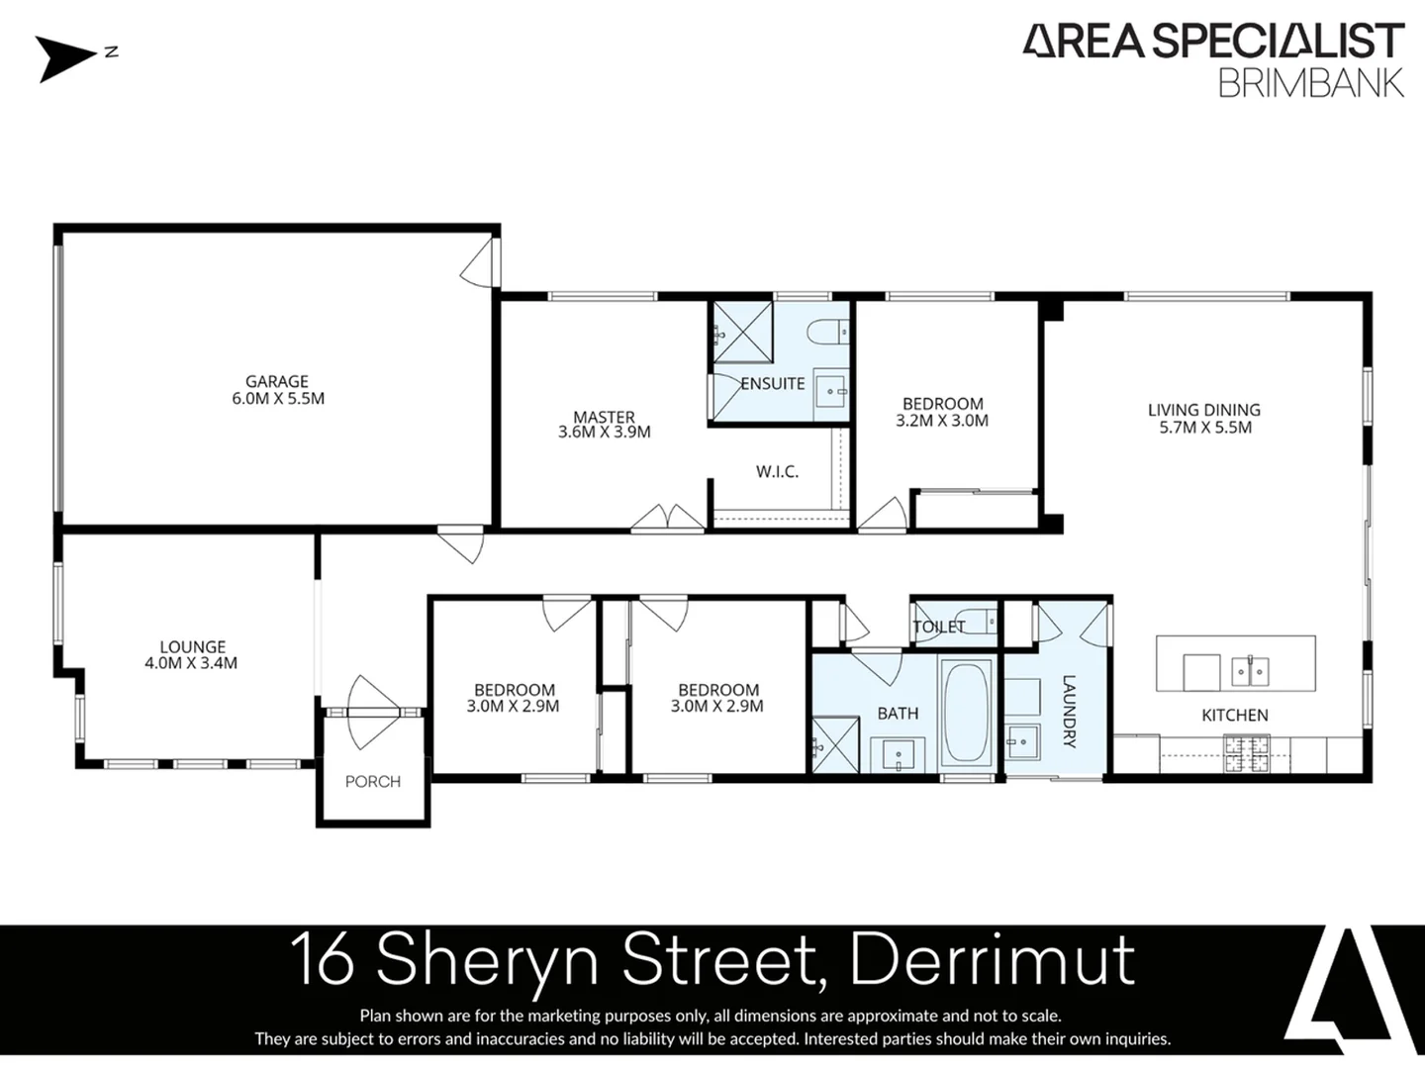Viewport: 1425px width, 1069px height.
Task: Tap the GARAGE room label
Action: tap(277, 381)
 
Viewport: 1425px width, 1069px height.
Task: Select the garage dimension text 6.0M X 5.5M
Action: tap(277, 399)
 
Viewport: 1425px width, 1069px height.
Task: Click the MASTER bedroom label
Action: tap(604, 417)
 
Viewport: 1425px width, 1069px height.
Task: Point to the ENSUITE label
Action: tap(773, 384)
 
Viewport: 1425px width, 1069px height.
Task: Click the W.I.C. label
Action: tap(777, 472)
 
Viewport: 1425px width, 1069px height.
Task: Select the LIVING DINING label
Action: tap(1204, 410)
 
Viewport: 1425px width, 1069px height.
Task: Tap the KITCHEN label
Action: tap(1234, 715)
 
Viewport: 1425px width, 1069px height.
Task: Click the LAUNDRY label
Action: tap(1069, 711)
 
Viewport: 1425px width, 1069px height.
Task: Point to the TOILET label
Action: tap(938, 627)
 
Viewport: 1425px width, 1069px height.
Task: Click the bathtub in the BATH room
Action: tap(966, 713)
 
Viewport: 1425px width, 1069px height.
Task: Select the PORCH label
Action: tap(373, 782)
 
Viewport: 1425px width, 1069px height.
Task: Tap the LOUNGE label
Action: tap(193, 646)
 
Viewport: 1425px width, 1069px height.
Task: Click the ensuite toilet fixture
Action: tap(827, 332)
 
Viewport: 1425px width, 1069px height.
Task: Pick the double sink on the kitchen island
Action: tap(1250, 672)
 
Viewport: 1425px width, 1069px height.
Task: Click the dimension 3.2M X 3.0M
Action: tap(942, 421)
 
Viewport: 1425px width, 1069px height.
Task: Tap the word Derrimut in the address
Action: tap(993, 959)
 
